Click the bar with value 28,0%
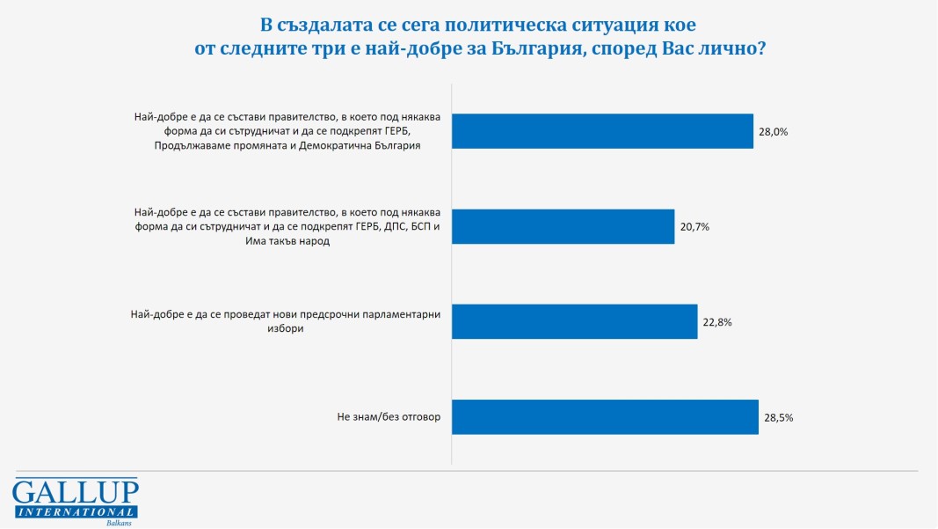602,131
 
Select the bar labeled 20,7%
563,226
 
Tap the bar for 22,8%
574,322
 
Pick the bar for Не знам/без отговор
605,417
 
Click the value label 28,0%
773,132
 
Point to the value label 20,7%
694,227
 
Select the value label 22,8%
716,322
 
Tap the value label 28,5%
778,418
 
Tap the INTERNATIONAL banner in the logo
76,511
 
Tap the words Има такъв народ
281,241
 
